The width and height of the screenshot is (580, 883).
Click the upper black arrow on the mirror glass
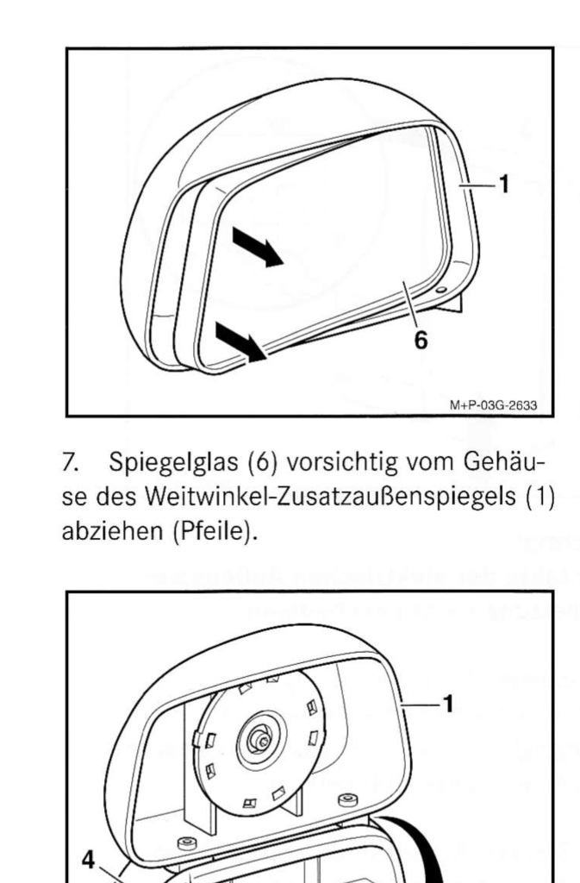pyautogui.click(x=257, y=247)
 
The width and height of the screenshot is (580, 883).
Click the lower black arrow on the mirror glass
pyautogui.click(x=240, y=341)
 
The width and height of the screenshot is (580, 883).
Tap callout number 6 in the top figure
pyautogui.click(x=421, y=340)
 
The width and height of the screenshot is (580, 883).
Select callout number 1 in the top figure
pyautogui.click(x=504, y=185)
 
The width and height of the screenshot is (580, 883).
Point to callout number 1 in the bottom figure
pyautogui.click(x=448, y=704)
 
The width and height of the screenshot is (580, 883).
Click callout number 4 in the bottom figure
pyautogui.click(x=88, y=860)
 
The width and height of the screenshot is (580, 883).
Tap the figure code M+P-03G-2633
pyautogui.click(x=493, y=405)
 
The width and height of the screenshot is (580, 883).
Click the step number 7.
pyautogui.click(x=70, y=462)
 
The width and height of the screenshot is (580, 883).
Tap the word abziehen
pyautogui.click(x=113, y=531)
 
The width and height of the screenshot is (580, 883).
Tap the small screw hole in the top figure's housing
pyautogui.click(x=440, y=290)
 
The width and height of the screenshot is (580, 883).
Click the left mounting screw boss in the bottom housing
pyautogui.click(x=187, y=843)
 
